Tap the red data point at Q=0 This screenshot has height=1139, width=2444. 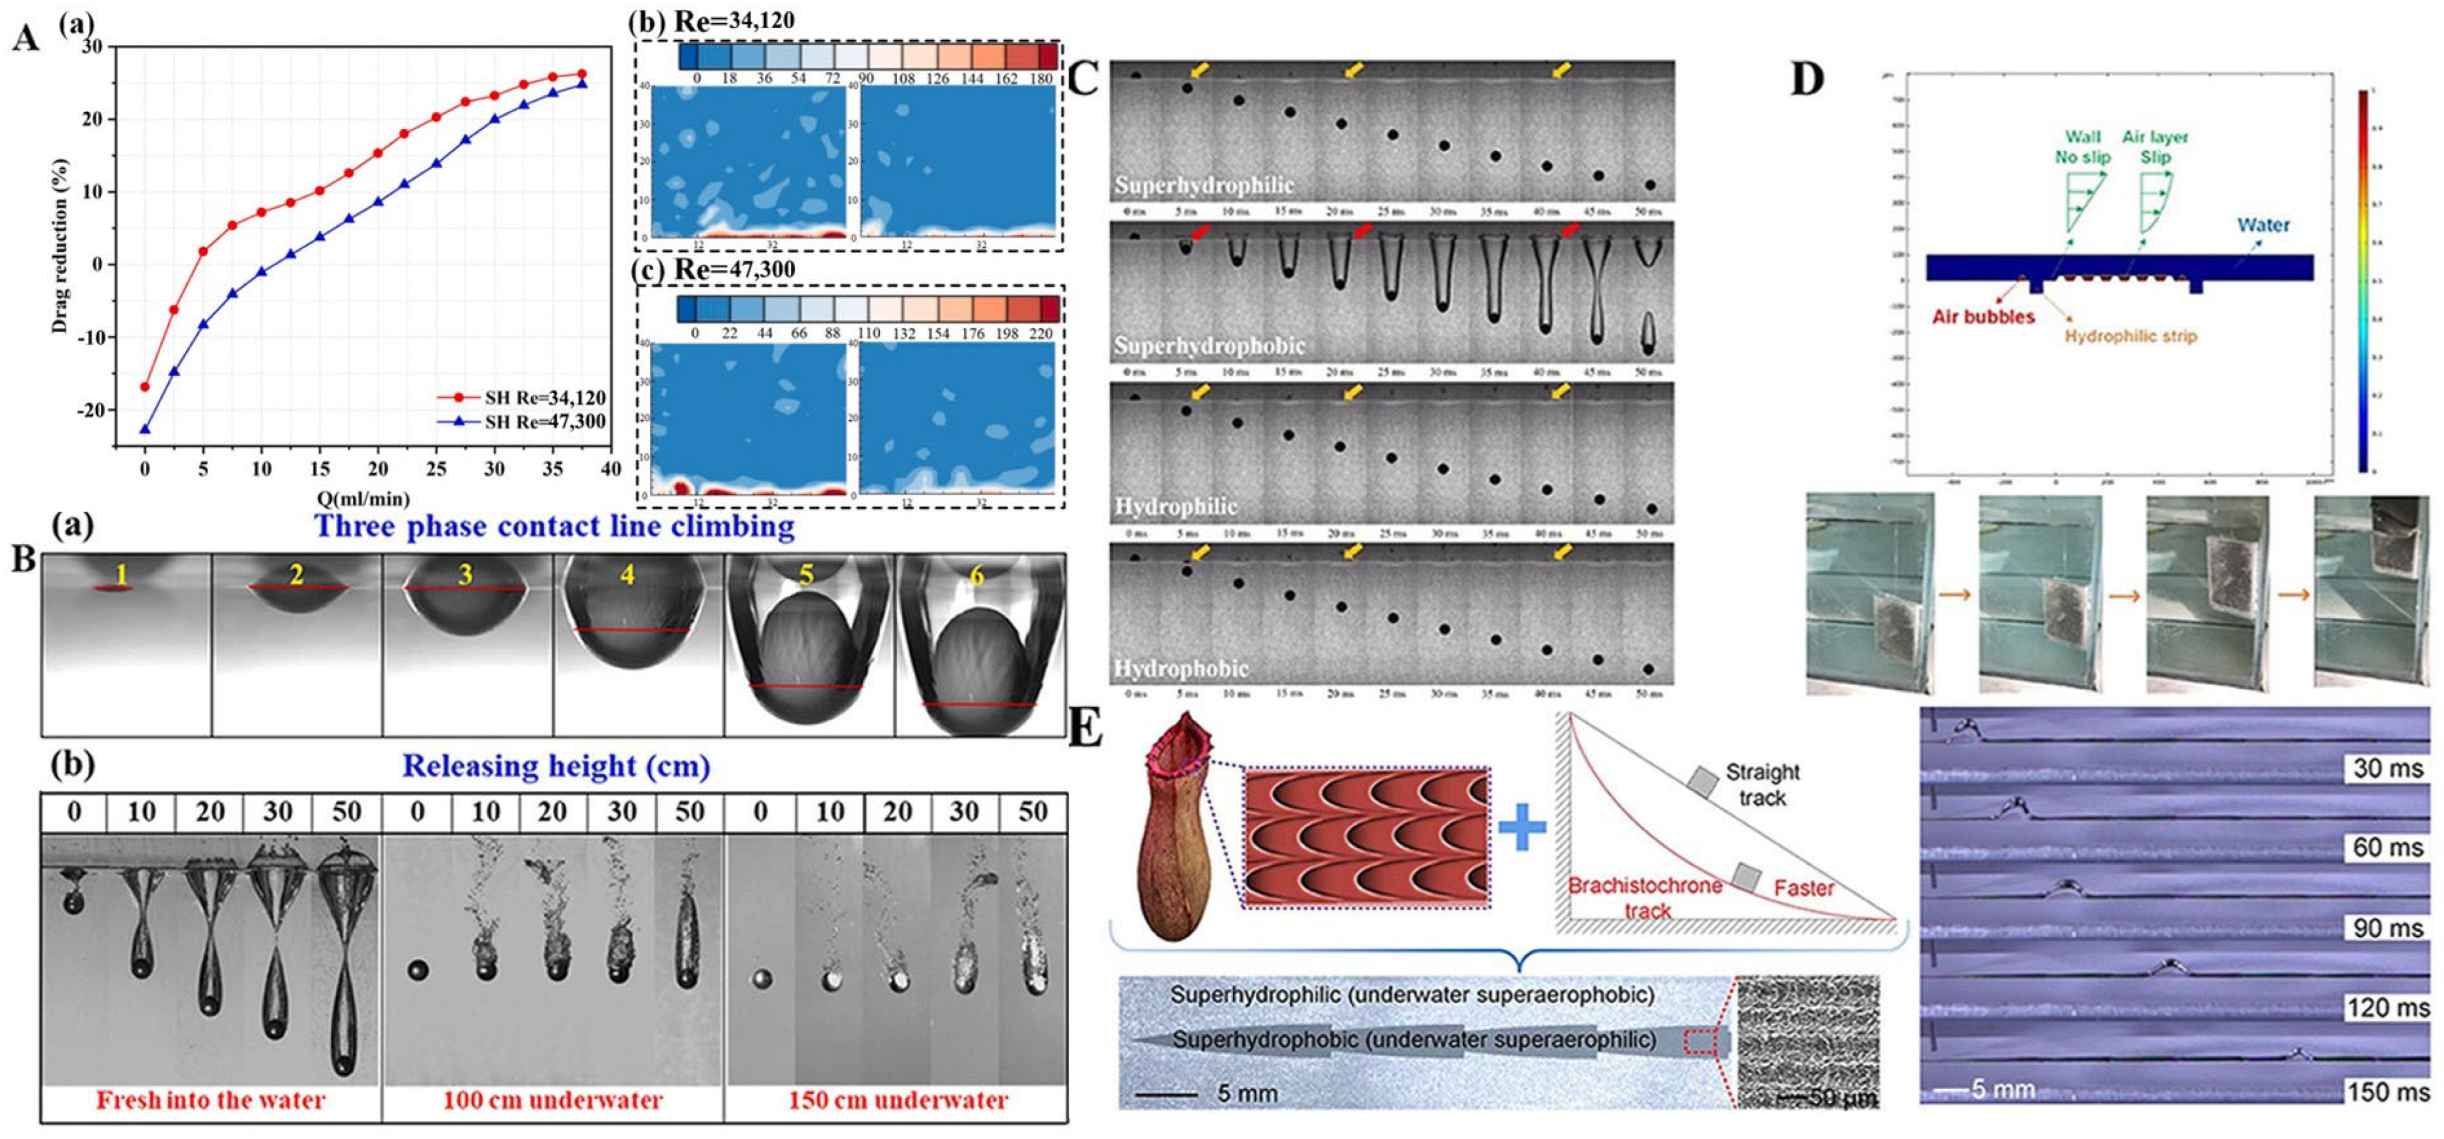(144, 387)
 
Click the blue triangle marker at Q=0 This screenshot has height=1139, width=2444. (144, 429)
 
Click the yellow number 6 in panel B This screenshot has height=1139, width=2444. (975, 575)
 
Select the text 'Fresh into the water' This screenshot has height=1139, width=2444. (211, 1100)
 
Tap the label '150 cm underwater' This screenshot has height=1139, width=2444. (898, 1100)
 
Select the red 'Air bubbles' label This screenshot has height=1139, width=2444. (1983, 317)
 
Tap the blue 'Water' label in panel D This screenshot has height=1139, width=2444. (2263, 225)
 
